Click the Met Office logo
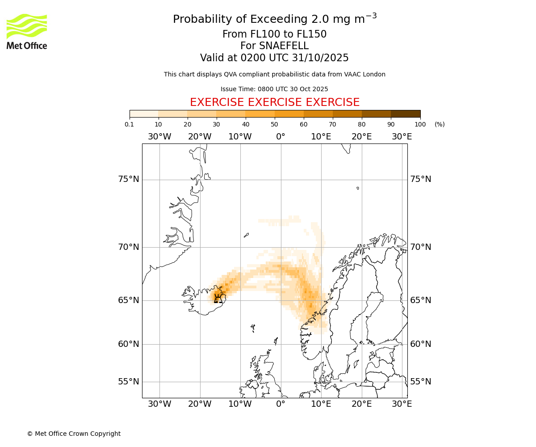[x=27, y=31]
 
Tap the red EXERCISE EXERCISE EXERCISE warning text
[x=275, y=102]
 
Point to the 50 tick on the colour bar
[x=275, y=124]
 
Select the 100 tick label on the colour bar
[x=420, y=124]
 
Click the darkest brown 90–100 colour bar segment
[x=406, y=114]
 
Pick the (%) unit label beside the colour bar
[x=440, y=124]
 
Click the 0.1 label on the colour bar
[x=130, y=124]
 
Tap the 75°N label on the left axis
[x=129, y=179]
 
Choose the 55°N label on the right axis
[x=421, y=382]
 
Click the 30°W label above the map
[x=159, y=137]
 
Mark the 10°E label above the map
[x=321, y=137]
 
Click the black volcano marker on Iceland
[x=218, y=298]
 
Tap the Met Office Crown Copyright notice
[x=74, y=434]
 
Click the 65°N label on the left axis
[x=129, y=300]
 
